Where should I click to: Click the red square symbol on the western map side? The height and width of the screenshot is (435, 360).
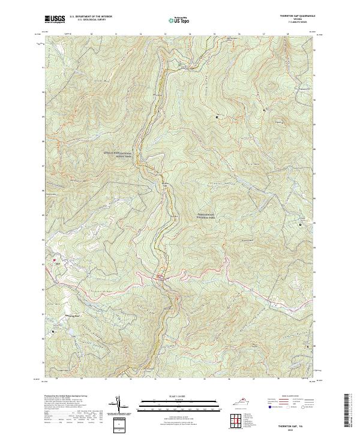55,260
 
